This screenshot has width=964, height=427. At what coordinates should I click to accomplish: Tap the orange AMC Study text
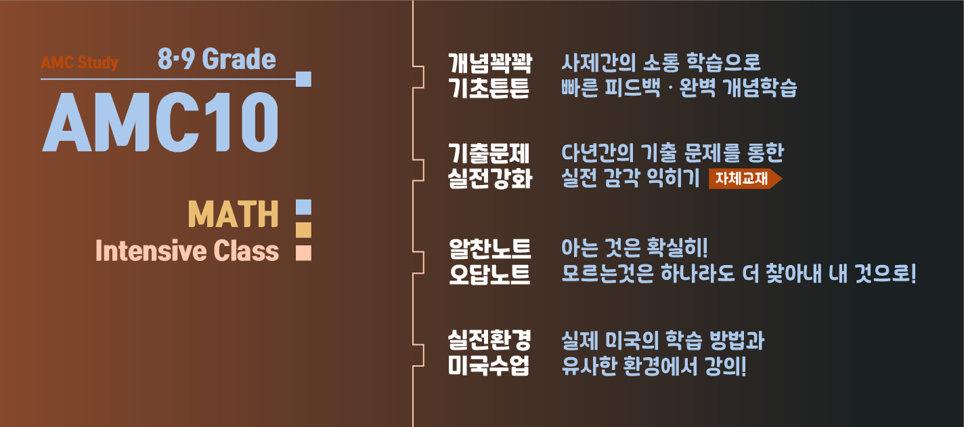tap(79, 63)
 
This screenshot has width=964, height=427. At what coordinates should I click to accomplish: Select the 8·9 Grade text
tap(217, 60)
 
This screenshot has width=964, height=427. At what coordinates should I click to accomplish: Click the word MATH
tap(233, 215)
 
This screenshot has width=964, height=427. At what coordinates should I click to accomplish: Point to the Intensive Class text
tap(187, 251)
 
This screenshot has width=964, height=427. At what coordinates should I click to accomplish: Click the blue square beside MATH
tap(303, 206)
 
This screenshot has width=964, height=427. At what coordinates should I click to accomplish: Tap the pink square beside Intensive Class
tap(303, 252)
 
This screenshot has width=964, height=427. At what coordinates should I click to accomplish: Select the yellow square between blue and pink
tap(303, 230)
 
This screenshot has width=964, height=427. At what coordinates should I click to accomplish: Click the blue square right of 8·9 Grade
tap(303, 79)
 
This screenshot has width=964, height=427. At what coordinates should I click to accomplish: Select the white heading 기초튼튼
tap(490, 88)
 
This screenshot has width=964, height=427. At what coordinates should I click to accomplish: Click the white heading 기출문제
tap(490, 153)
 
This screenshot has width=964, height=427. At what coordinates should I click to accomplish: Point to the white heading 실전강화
tap(490, 179)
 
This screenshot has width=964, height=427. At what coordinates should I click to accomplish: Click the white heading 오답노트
tap(490, 274)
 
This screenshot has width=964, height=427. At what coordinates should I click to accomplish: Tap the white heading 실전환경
tap(490, 340)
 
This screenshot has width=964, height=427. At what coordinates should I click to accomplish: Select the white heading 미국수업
tap(490, 365)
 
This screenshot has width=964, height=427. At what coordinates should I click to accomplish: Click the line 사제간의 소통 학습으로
tap(661, 63)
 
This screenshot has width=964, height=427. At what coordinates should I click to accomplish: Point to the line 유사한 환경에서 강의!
tap(654, 365)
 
